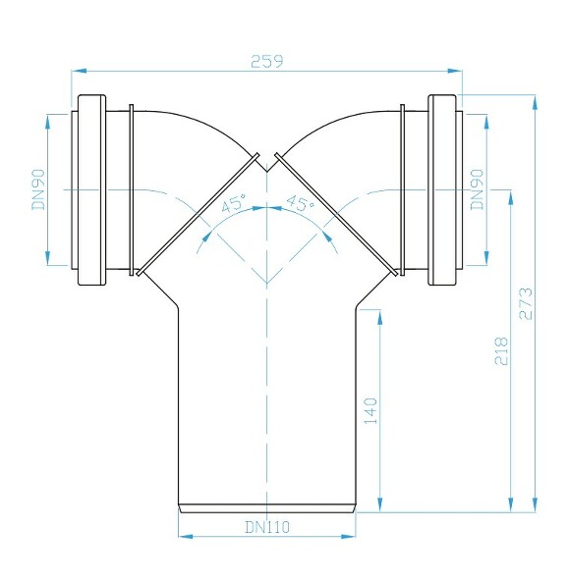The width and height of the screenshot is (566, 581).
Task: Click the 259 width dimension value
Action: click(x=267, y=61)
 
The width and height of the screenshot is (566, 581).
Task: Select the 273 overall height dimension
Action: click(x=526, y=304)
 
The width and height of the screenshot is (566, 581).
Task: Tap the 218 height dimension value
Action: click(x=501, y=350)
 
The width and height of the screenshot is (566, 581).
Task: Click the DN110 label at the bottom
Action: click(x=266, y=527)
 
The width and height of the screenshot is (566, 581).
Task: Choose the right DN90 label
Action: click(x=477, y=188)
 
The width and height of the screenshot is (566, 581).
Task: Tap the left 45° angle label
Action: click(x=232, y=205)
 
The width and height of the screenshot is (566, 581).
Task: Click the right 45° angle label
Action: click(x=299, y=205)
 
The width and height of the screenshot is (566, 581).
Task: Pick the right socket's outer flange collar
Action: click(x=443, y=189)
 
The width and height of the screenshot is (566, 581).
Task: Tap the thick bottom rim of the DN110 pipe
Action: click(x=266, y=507)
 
